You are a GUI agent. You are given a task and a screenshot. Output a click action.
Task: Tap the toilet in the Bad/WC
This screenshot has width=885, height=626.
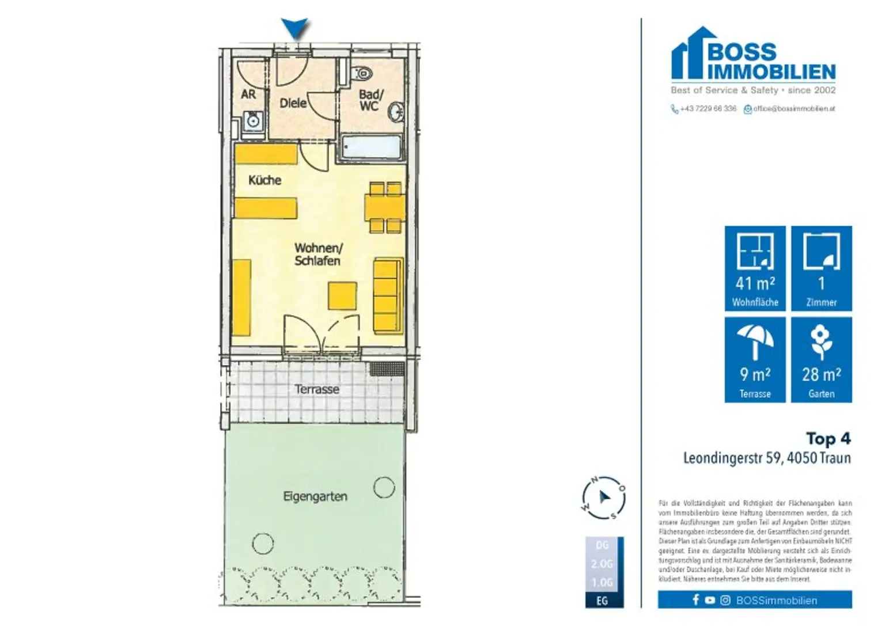[x=362, y=74]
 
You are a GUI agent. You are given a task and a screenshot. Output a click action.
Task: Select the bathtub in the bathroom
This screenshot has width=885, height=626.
[x=371, y=147]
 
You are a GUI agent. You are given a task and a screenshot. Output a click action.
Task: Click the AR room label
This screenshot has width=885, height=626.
[x=248, y=94]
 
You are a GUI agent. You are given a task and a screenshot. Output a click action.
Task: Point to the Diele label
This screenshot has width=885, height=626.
[x=293, y=103]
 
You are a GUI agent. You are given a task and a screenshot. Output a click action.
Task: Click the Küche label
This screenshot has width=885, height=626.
[x=264, y=180]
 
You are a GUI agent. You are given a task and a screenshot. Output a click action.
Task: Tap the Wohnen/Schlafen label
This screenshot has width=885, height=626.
[x=317, y=254]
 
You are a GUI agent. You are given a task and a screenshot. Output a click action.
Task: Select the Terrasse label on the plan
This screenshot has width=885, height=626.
[x=317, y=389]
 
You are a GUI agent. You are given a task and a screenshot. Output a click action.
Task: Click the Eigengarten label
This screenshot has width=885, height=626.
[x=315, y=496]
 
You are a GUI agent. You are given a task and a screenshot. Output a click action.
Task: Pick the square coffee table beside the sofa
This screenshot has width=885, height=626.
[x=342, y=295]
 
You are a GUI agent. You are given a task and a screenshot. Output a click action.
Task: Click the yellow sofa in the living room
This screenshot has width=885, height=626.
[x=388, y=295]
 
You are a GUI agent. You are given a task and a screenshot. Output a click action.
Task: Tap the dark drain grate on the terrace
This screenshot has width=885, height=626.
[x=387, y=369]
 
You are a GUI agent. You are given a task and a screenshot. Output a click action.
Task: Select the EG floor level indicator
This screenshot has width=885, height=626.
[x=602, y=601]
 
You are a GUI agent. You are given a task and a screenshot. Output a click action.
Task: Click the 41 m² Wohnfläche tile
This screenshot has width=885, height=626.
[x=755, y=268]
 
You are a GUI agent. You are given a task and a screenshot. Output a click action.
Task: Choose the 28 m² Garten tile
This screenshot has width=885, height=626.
[x=821, y=360]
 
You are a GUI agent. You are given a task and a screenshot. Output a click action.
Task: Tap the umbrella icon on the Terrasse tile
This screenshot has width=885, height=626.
[x=755, y=342]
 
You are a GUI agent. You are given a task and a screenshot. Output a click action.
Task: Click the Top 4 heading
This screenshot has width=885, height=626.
[x=828, y=439]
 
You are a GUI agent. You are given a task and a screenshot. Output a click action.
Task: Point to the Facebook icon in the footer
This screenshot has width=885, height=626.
[x=695, y=600]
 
